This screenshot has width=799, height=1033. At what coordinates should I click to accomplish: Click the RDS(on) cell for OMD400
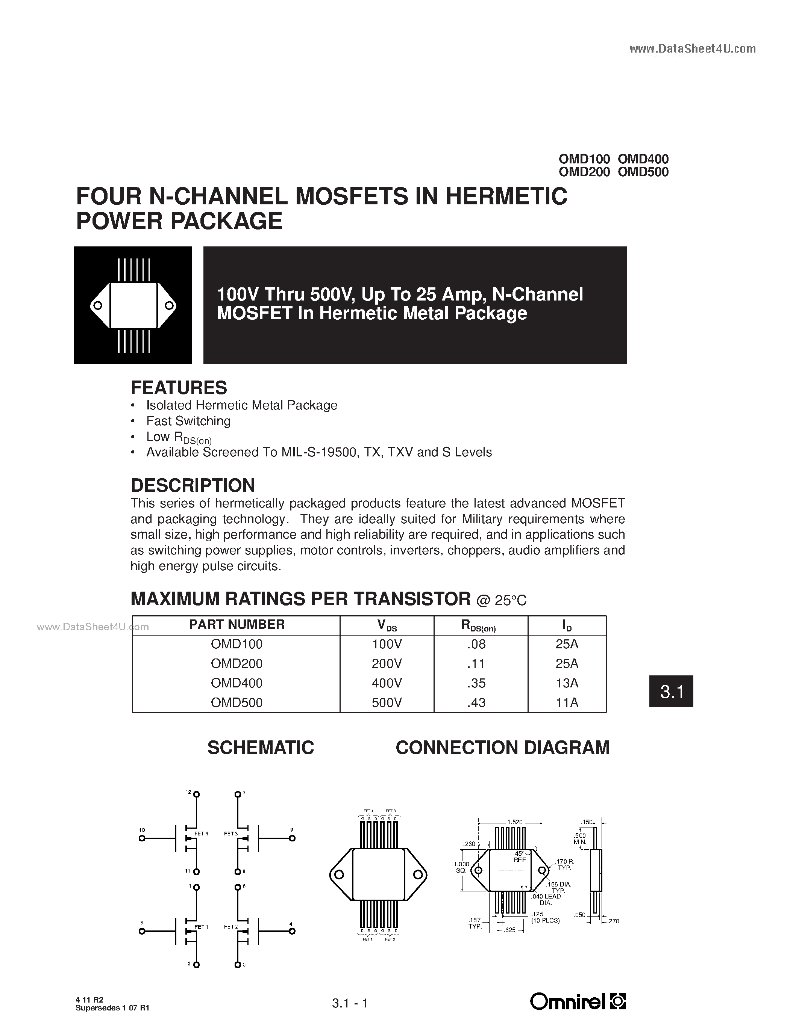click(476, 683)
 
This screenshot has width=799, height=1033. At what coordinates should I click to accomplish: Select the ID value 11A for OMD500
click(567, 702)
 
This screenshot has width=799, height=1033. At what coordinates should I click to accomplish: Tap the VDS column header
click(387, 625)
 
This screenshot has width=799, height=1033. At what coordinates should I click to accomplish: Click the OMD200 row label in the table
click(236, 664)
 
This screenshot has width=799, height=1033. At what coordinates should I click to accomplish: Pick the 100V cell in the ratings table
click(387, 644)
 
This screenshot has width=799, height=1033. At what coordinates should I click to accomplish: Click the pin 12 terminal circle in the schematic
click(196, 794)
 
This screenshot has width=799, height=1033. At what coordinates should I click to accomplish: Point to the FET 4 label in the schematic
click(201, 834)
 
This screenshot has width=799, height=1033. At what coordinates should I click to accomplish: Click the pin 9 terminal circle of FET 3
click(292, 838)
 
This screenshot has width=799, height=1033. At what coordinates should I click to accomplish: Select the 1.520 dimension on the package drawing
click(514, 822)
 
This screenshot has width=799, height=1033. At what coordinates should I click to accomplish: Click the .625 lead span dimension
click(510, 930)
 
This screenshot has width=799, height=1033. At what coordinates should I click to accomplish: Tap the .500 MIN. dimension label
click(579, 838)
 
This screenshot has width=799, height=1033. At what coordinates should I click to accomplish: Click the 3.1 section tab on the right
click(671, 692)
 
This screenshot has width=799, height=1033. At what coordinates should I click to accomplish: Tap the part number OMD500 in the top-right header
click(643, 172)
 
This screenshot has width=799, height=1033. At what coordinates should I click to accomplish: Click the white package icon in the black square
click(133, 305)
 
